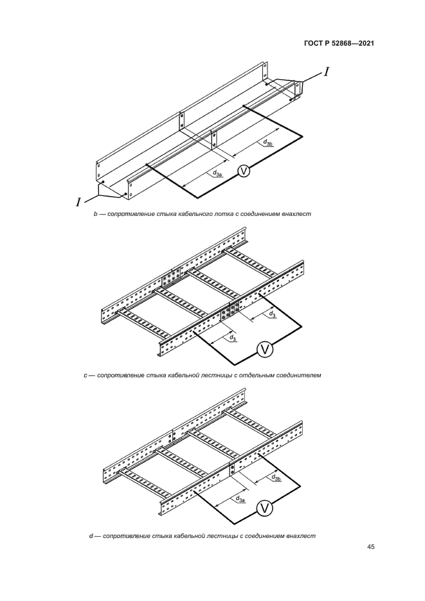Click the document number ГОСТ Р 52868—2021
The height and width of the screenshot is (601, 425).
pyautogui.click(x=339, y=44)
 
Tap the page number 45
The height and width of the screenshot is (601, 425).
pyautogui.click(x=370, y=547)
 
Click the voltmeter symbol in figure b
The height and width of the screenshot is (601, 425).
pyautogui.click(x=243, y=172)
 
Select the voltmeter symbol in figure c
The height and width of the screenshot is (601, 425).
pyautogui.click(x=264, y=349)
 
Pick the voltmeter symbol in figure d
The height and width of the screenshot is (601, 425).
pyautogui.click(x=264, y=508)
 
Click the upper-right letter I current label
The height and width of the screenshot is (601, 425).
pyautogui.click(x=326, y=72)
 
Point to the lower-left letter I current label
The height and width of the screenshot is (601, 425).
pyautogui.click(x=78, y=202)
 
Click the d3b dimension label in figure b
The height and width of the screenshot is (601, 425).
pyautogui.click(x=267, y=142)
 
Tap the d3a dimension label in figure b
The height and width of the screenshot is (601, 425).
pyautogui.click(x=217, y=174)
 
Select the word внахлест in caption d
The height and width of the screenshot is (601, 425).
pyautogui.click(x=302, y=536)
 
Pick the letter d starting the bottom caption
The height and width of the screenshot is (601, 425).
pyautogui.click(x=91, y=536)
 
